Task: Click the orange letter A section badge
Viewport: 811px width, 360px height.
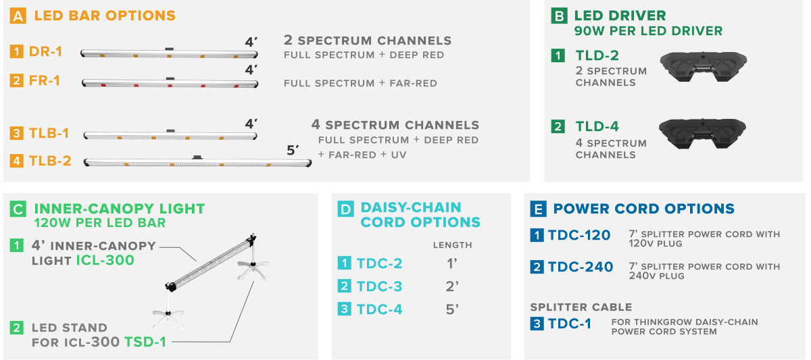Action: [18, 16]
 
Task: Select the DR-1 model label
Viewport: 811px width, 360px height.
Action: [46, 52]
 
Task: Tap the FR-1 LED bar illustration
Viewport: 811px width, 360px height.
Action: [170, 83]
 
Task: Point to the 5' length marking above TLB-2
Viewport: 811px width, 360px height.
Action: [293, 150]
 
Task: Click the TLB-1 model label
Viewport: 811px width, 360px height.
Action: [49, 133]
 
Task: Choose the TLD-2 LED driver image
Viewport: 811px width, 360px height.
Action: [703, 67]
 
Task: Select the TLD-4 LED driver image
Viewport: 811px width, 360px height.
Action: [702, 134]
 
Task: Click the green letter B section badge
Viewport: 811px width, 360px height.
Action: [559, 16]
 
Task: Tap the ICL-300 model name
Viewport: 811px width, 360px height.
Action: [105, 260]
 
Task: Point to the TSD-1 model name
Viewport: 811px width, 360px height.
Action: [145, 342]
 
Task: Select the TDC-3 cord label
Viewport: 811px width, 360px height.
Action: [379, 286]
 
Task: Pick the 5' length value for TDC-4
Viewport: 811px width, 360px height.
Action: [452, 310]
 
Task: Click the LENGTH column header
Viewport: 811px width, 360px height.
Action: [453, 245]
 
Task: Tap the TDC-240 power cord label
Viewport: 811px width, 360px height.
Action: [581, 267]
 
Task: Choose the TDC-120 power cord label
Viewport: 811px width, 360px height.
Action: [579, 235]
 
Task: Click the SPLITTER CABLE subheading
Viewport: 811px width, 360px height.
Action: [581, 307]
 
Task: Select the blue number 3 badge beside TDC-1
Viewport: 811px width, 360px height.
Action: [537, 324]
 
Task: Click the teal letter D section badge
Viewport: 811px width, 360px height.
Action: [346, 209]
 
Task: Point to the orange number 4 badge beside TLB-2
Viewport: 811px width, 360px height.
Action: [17, 161]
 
